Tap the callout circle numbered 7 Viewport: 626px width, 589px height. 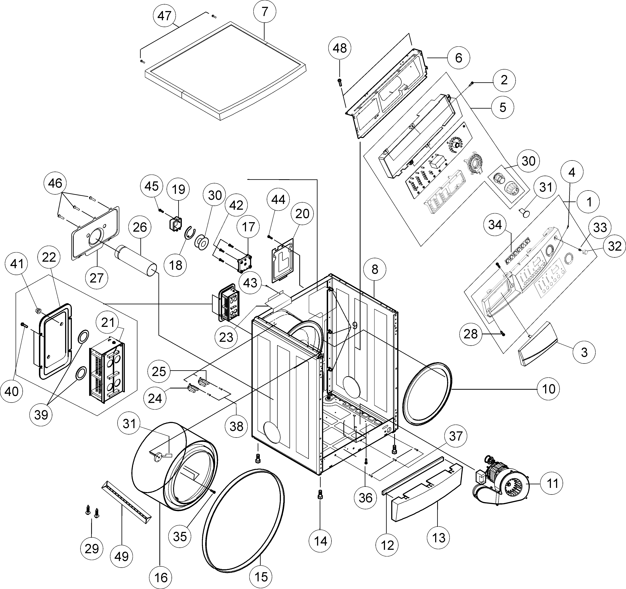pyautogui.click(x=265, y=12)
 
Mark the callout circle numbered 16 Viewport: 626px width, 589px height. pyautogui.click(x=161, y=577)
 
